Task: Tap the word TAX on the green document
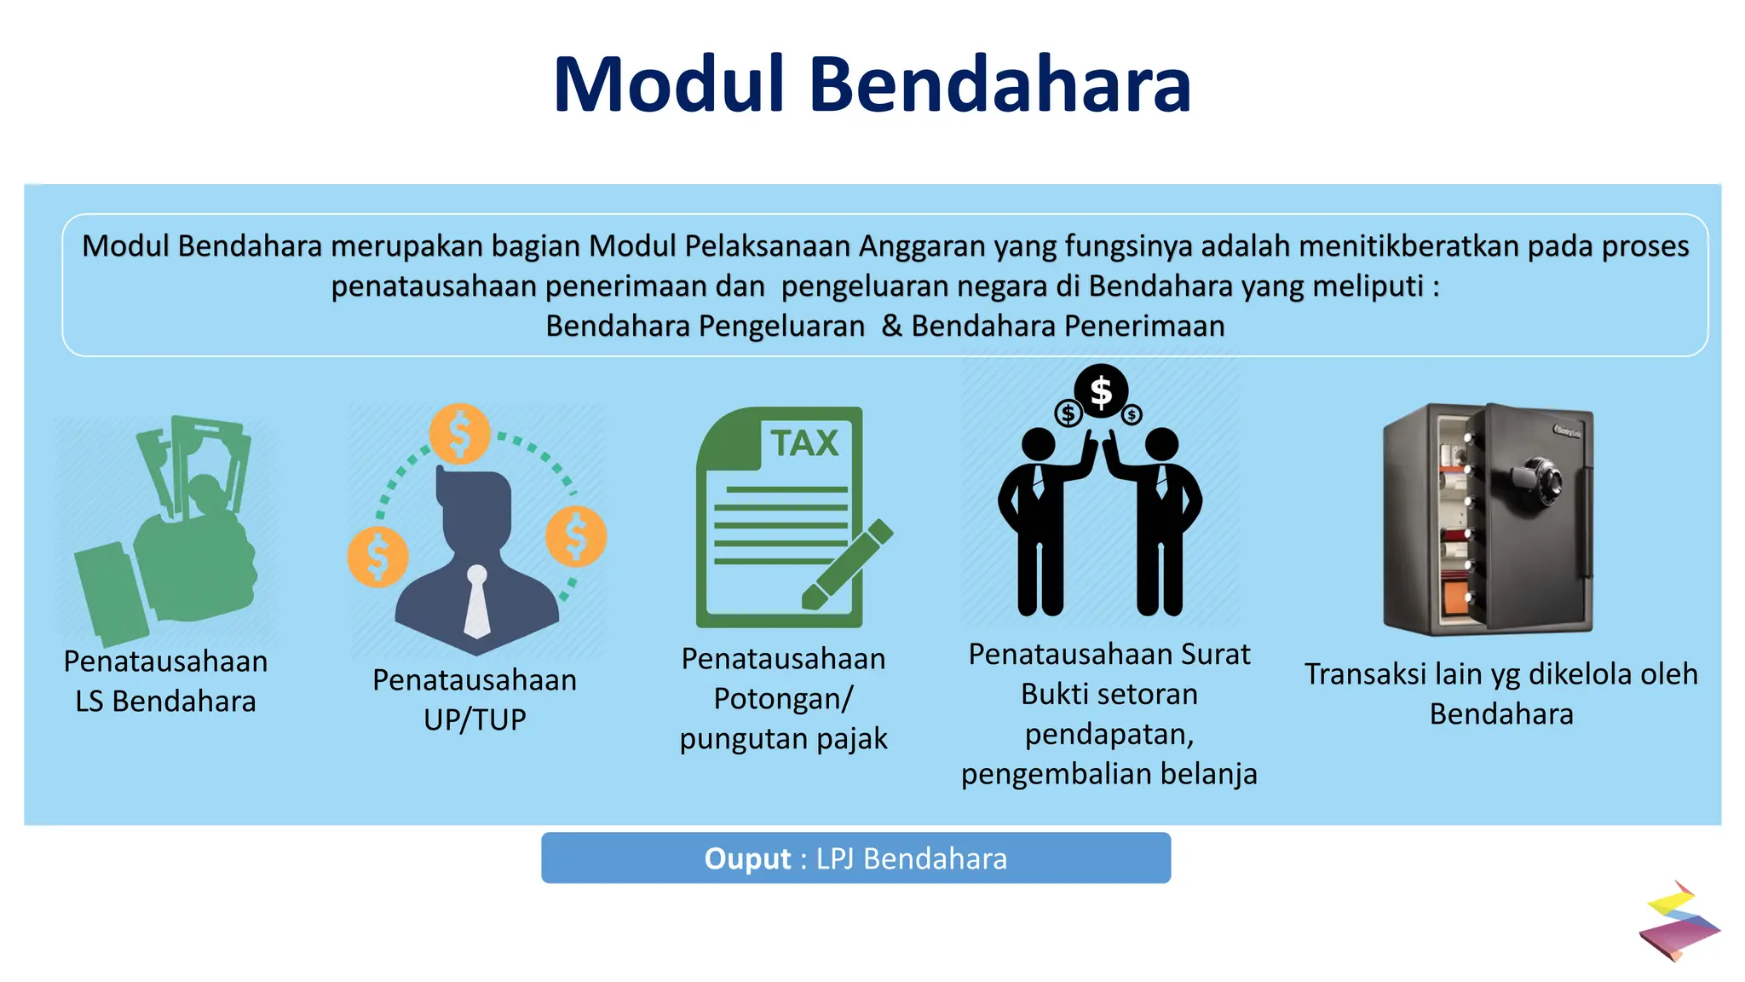[804, 443]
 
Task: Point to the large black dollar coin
[1101, 391]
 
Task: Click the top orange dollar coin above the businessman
[459, 434]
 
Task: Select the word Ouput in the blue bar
[747, 858]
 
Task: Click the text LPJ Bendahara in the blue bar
[912, 858]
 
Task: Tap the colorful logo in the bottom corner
[1679, 921]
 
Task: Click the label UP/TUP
[475, 720]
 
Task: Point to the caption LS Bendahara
[165, 702]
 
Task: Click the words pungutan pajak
[783, 738]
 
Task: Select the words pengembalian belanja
[1109, 774]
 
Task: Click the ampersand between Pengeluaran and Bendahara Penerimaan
[891, 326]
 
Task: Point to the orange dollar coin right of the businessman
[576, 536]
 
